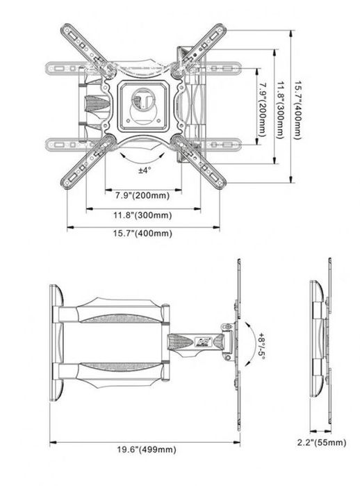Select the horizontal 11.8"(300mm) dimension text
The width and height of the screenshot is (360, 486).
(x=144, y=215)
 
